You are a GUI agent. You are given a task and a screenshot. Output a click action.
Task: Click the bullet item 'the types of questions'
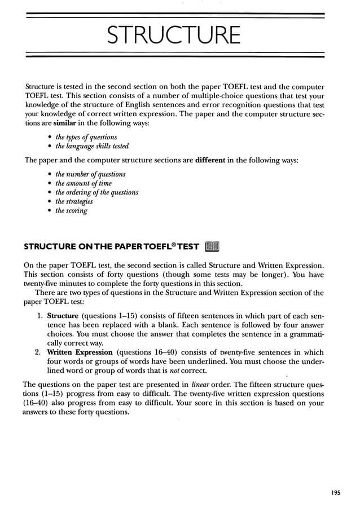tap(86, 137)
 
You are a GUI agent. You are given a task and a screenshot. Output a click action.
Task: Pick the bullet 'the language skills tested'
tap(91, 146)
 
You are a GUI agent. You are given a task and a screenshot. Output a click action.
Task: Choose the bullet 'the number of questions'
tap(90, 174)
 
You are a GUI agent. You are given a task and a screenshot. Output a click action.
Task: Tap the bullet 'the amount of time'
tap(83, 183)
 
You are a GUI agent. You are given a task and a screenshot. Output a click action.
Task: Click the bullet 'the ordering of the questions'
tap(96, 192)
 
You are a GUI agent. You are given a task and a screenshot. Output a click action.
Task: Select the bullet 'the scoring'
tap(71, 211)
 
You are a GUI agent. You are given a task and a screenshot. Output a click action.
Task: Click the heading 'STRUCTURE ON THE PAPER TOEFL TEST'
tap(111, 246)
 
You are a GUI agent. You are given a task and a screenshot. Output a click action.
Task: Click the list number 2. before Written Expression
tap(39, 352)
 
